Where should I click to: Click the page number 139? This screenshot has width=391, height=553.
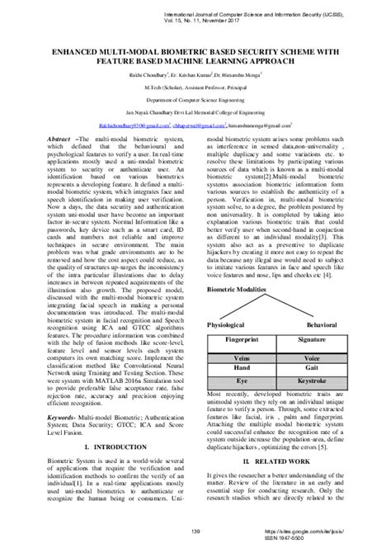coord(195,531)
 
